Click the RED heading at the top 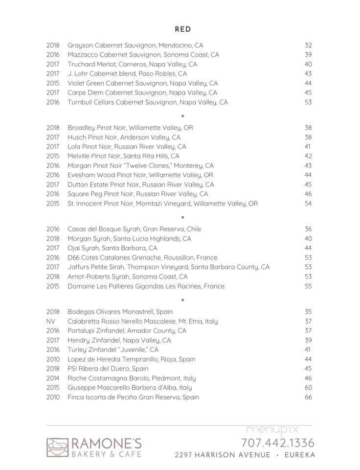click(182, 29)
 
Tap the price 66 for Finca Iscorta click(308, 397)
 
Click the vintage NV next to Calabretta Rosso click(51, 321)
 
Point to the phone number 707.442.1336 click(277, 443)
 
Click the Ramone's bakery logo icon click(57, 447)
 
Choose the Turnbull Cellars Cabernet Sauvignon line click(148, 102)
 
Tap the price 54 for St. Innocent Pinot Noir click(308, 203)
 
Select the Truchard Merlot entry click(132, 64)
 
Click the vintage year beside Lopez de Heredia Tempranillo click(53, 359)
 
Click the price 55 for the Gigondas click(308, 286)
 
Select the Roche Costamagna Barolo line click(132, 378)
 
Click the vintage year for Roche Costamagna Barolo click(53, 378)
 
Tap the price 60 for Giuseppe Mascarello click(308, 388)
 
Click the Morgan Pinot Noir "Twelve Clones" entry click(140, 165)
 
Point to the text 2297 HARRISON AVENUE click(223, 455)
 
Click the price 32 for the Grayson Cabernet click(308, 45)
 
